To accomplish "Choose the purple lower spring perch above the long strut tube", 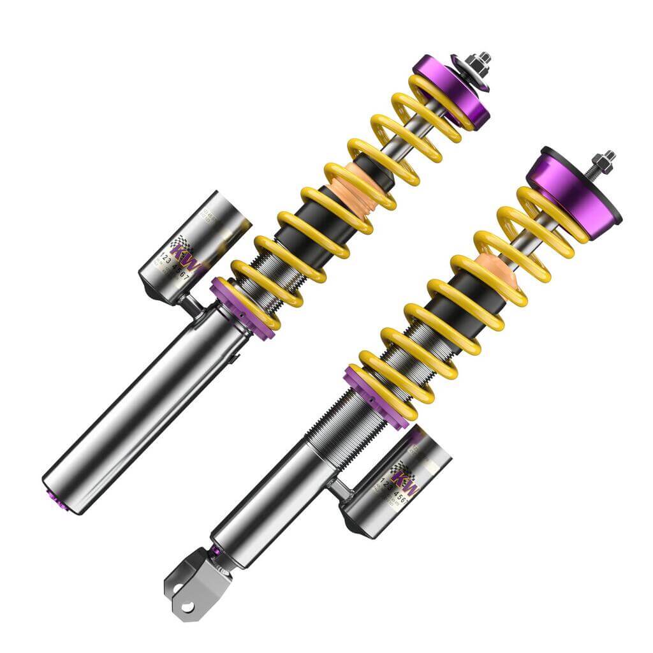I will (245, 307).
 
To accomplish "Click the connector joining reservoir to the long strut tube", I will (191, 305).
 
